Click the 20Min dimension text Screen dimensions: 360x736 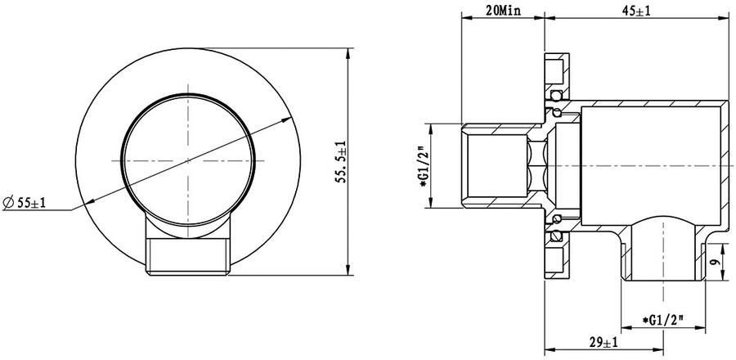pos(501,11)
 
